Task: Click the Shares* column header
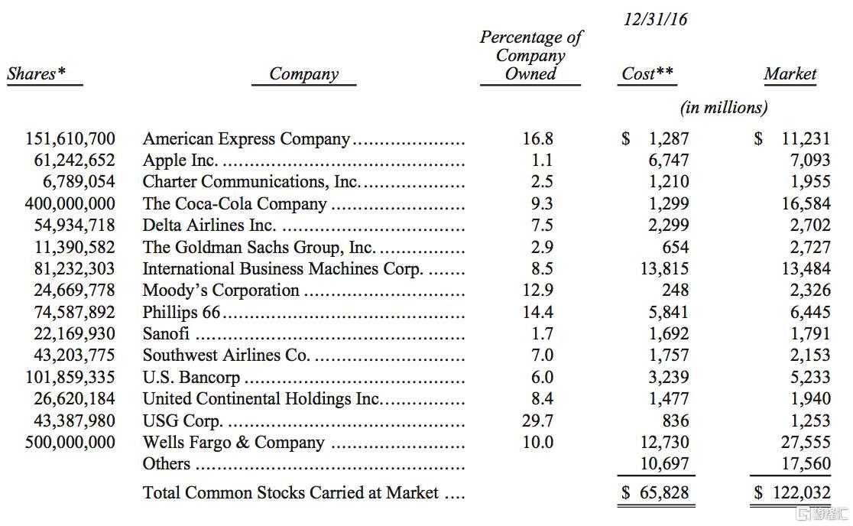click(x=36, y=74)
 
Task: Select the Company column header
click(x=303, y=74)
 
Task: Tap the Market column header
click(x=790, y=74)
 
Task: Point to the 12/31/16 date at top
click(x=655, y=20)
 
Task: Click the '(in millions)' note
click(x=723, y=108)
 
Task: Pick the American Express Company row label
click(x=246, y=139)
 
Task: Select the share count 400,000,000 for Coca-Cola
click(x=70, y=204)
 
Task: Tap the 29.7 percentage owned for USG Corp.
click(x=537, y=420)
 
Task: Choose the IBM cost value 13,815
click(x=663, y=269)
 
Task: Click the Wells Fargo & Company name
click(x=233, y=443)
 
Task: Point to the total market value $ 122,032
click(x=792, y=493)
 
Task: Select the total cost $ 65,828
click(x=654, y=493)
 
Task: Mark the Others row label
click(x=166, y=464)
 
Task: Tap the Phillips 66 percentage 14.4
click(x=537, y=313)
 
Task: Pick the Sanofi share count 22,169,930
click(x=75, y=334)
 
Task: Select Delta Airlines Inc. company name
click(x=209, y=226)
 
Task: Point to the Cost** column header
click(x=647, y=74)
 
